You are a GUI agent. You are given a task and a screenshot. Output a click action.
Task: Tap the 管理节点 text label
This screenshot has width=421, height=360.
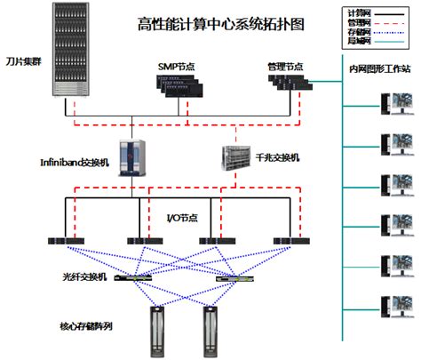pyautogui.click(x=285, y=67)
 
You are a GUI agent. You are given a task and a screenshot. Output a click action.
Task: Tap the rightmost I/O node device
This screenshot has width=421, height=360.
pyautogui.click(x=292, y=241)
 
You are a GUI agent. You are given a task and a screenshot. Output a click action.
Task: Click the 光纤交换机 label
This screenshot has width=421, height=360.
pyautogui.click(x=84, y=278)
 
